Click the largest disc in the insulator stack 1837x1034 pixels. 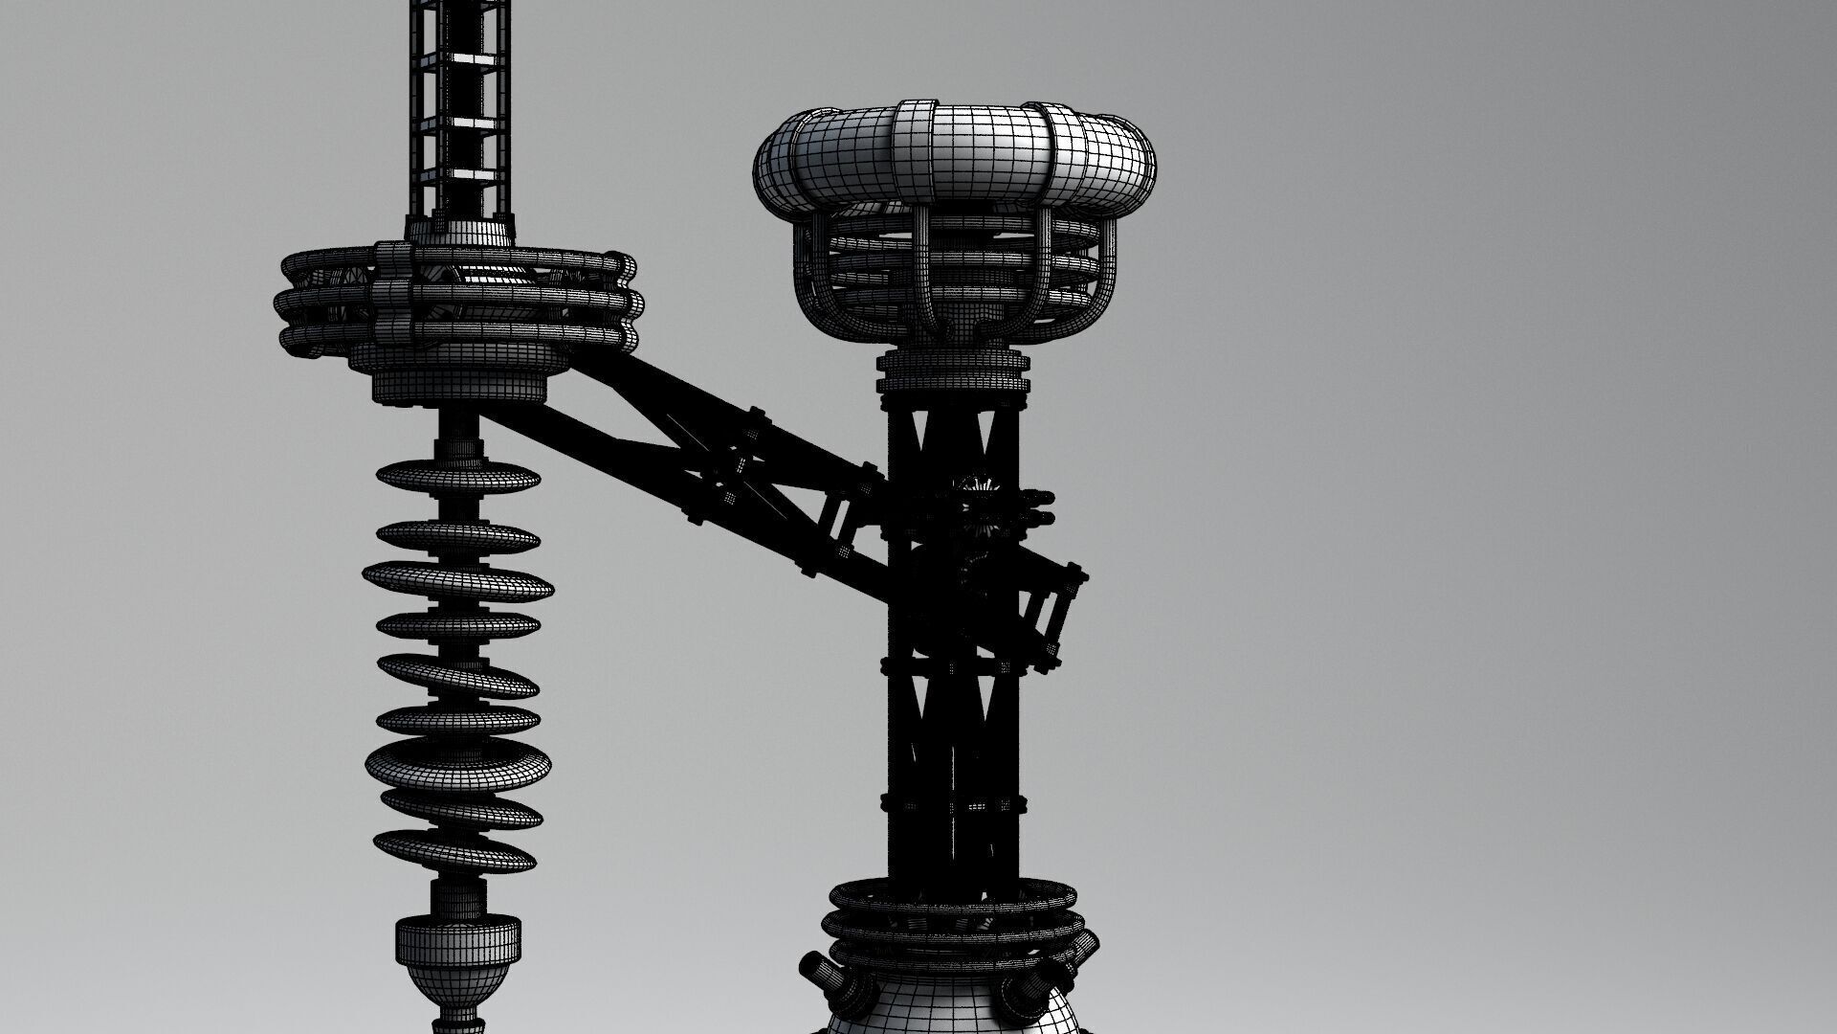coord(458,762)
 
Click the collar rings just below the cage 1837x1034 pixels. coord(957,369)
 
